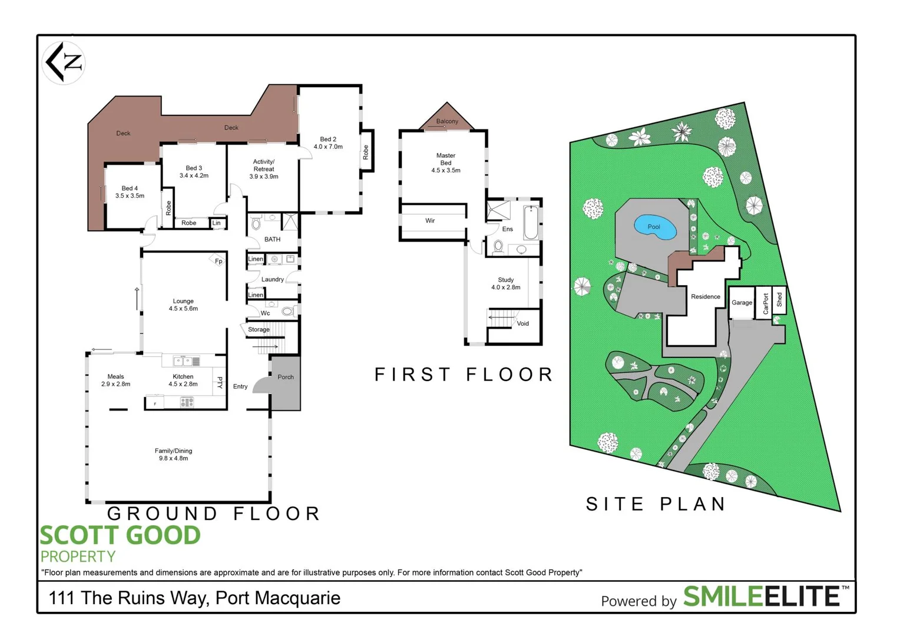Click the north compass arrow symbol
[64, 62]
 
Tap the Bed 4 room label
[130, 188]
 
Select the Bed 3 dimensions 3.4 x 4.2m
[194, 175]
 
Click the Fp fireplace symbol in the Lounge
[218, 260]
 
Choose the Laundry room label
[273, 279]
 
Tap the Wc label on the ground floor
[265, 313]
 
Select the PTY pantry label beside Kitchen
[220, 383]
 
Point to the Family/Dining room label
[173, 451]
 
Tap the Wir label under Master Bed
[430, 221]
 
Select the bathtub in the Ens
[531, 223]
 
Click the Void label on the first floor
[522, 323]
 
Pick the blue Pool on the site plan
[654, 227]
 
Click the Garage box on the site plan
[742, 302]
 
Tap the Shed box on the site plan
[779, 300]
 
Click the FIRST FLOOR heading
[464, 375]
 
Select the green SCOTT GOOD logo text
[120, 535]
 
